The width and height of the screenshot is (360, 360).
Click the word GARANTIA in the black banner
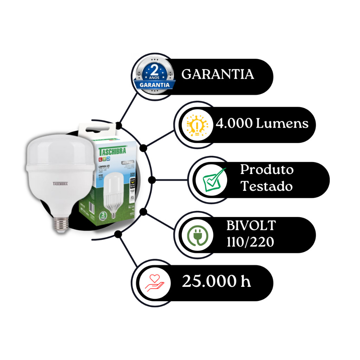[x=218, y=75]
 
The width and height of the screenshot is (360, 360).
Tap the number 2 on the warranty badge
[x=153, y=69]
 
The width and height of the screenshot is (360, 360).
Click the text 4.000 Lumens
[x=262, y=124]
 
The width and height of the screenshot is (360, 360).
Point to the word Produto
[x=266, y=170]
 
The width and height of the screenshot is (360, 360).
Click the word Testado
[x=266, y=186]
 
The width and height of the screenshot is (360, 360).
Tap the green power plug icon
[x=197, y=235]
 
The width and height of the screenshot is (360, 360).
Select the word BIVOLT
[x=251, y=226]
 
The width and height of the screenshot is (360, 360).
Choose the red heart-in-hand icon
[x=155, y=283]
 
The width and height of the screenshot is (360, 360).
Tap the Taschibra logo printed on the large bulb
[x=60, y=184]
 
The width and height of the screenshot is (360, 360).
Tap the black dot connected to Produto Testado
[x=152, y=180]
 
